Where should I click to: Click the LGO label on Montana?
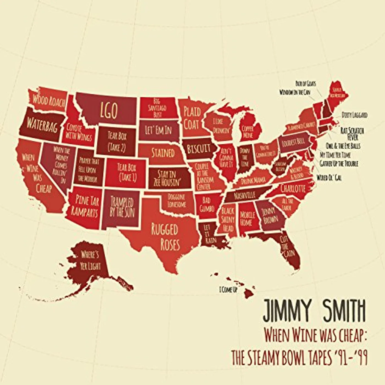pyautogui.click(x=109, y=110)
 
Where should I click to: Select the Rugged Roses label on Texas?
pyautogui.click(x=165, y=237)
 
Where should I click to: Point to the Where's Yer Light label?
pyautogui.click(x=90, y=260)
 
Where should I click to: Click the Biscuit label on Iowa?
pyautogui.click(x=199, y=149)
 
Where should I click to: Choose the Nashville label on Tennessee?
pyautogui.click(x=245, y=195)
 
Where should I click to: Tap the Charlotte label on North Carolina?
pyautogui.click(x=293, y=188)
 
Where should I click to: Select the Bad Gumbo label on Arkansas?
pyautogui.click(x=207, y=204)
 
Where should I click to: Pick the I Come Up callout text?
pyautogui.click(x=228, y=290)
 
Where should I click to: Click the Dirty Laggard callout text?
pyautogui.click(x=354, y=115)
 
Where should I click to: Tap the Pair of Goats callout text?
pyautogui.click(x=306, y=83)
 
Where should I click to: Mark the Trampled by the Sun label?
pyautogui.click(x=122, y=207)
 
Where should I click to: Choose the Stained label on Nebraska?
pyautogui.click(x=163, y=153)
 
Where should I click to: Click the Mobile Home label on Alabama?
pyautogui.click(x=248, y=219)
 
